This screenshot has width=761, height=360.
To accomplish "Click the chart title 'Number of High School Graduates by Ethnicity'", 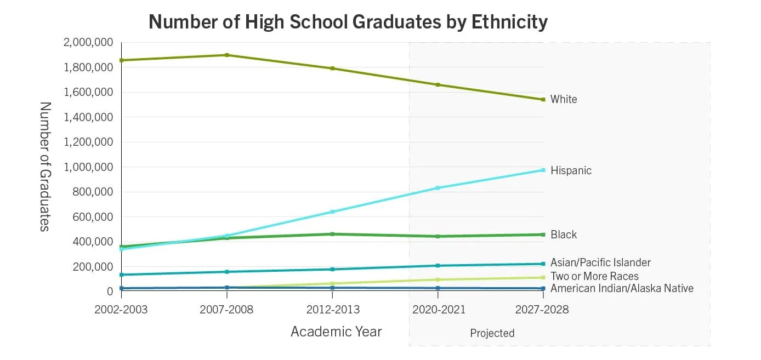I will click(348, 22).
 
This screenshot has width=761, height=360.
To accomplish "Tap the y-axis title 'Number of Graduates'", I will click(45, 167).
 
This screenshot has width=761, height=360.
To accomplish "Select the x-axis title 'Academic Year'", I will click(336, 332).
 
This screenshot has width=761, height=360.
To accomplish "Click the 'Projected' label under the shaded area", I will click(492, 333).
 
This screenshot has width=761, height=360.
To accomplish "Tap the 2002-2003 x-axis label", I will click(121, 310).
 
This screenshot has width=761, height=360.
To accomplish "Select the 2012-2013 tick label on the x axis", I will click(333, 310).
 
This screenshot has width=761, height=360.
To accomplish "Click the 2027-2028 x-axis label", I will click(542, 310).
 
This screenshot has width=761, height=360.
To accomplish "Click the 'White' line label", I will click(564, 99).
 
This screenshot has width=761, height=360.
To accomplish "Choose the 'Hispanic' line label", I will click(571, 170).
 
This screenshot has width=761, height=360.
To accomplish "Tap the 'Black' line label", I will click(564, 235).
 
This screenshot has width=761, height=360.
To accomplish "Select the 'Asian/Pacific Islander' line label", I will click(600, 263).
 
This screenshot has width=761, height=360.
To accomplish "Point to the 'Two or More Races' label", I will click(594, 276).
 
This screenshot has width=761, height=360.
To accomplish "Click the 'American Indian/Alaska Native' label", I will click(622, 288).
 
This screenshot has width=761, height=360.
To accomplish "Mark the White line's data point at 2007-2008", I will click(227, 55).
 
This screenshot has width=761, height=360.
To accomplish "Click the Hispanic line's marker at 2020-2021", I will click(438, 188).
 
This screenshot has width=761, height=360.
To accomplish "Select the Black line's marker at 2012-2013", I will click(332, 234).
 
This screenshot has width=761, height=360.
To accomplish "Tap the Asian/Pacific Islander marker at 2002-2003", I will click(121, 275).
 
